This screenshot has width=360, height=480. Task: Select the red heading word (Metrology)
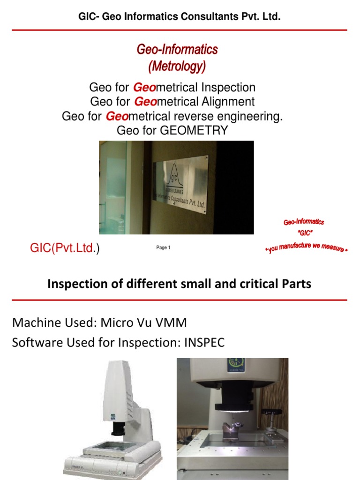pyautogui.click(x=177, y=67)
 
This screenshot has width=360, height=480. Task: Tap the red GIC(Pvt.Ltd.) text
pyautogui.click(x=65, y=248)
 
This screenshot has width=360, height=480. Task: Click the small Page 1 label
pyautogui.click(x=163, y=247)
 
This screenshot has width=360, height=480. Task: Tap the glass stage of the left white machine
pyautogui.click(x=112, y=447)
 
